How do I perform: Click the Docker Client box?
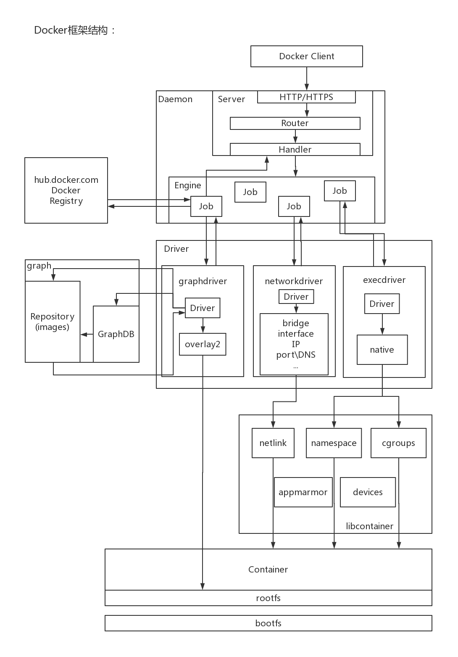click(306, 56)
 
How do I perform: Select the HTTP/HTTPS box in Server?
click(306, 97)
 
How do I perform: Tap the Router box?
click(295, 123)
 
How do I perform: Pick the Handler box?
click(295, 149)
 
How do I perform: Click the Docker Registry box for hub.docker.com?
click(66, 190)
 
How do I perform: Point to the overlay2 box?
click(203, 344)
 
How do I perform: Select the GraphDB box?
click(116, 334)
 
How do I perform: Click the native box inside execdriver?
click(382, 349)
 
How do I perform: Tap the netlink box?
click(273, 443)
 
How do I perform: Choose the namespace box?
click(334, 443)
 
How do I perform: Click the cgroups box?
click(398, 443)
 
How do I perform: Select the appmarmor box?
click(303, 492)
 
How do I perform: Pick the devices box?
click(368, 492)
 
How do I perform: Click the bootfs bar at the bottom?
click(268, 623)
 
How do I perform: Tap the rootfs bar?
click(268, 598)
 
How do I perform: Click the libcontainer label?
click(369, 526)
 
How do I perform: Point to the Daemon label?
click(175, 99)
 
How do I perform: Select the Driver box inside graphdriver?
click(203, 308)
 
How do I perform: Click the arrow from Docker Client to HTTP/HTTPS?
click(307, 79)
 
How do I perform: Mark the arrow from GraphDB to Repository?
click(87, 335)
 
